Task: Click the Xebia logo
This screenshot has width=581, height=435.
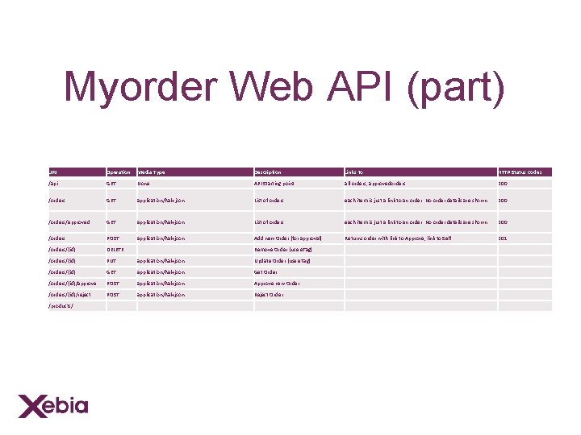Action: pyautogui.click(x=53, y=404)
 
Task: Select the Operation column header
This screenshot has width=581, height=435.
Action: pyautogui.click(x=119, y=172)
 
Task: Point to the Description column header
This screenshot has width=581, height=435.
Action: pyautogui.click(x=268, y=172)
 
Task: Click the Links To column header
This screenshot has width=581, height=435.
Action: pyautogui.click(x=354, y=172)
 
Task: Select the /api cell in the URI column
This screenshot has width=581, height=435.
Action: pyautogui.click(x=53, y=184)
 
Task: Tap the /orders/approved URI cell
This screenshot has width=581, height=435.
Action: pyautogui.click(x=69, y=222)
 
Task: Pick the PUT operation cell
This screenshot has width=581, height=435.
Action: pyautogui.click(x=112, y=261)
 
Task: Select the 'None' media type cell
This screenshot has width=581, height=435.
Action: pyautogui.click(x=144, y=184)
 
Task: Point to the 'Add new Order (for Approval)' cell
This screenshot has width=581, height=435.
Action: pyautogui.click(x=288, y=238)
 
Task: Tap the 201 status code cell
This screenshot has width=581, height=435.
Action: pyautogui.click(x=503, y=238)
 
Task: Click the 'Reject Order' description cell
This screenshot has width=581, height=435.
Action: pyautogui.click(x=269, y=295)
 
